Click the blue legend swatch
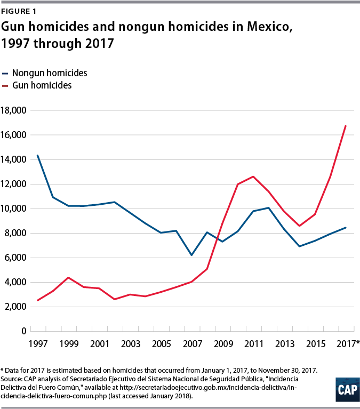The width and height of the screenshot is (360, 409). pos(5,74)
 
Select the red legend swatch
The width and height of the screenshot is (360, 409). pos(5,86)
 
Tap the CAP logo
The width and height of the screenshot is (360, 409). pos(347,390)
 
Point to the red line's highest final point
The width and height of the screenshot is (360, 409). pos(346,126)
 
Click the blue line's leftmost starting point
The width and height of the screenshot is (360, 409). pos(37,155)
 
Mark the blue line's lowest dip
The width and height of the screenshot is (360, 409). pos(191,255)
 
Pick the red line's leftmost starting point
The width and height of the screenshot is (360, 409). pos(37,301)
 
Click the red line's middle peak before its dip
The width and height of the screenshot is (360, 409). pos(253,177)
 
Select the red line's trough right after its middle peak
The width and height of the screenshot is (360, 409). pos(299,226)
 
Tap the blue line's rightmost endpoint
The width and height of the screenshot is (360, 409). pos(346,228)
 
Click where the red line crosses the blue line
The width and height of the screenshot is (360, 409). pos(218,237)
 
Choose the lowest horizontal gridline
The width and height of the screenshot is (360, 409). pos(192,307)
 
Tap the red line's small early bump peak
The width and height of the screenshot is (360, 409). pos(68,278)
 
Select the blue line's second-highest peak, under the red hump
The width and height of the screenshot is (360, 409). pos(268,207)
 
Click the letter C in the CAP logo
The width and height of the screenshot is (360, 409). pos(341,390)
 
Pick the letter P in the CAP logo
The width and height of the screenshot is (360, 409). pos(354,390)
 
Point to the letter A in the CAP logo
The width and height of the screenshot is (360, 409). pos(347,390)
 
